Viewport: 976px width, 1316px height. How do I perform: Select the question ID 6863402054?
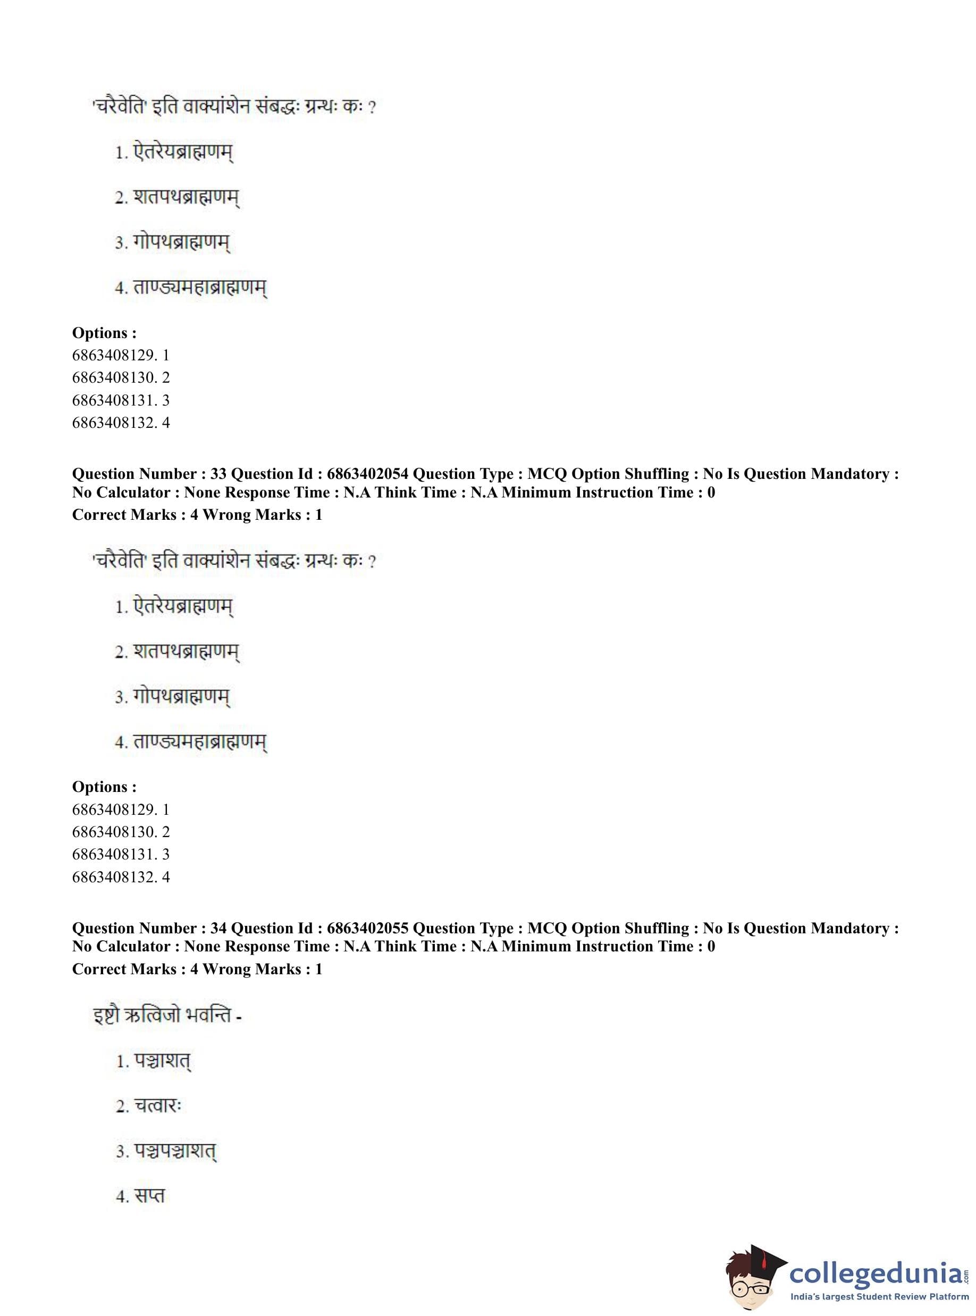pyautogui.click(x=367, y=474)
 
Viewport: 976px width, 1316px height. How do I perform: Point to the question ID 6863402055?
pyautogui.click(x=367, y=928)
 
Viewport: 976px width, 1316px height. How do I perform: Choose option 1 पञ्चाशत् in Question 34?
pyautogui.click(x=161, y=1061)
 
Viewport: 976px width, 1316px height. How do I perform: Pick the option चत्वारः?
pyautogui.click(x=157, y=1106)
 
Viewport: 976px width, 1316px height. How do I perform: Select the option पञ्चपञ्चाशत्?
pyautogui.click(x=175, y=1151)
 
